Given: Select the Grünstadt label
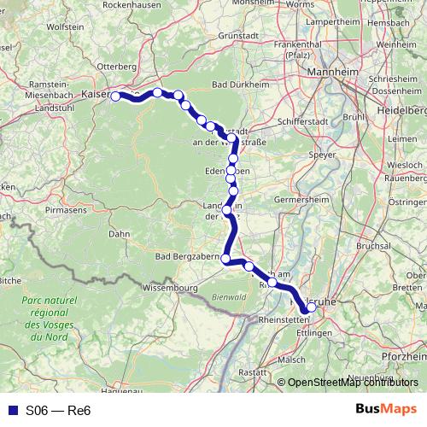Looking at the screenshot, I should (238, 36).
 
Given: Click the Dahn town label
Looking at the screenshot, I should (119, 233).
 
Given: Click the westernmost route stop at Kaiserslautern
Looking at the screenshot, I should (115, 97).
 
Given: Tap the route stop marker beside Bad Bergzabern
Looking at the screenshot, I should (225, 259).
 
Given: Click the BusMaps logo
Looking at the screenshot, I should (386, 409).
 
